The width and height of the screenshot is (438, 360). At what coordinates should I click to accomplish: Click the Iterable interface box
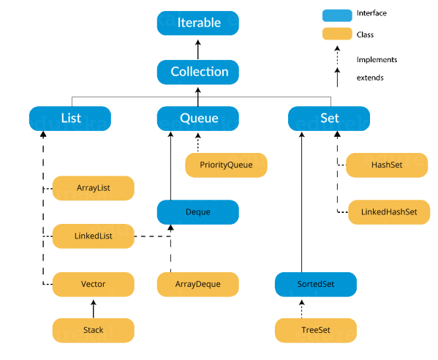(199, 23)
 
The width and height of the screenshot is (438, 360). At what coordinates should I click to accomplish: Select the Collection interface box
(199, 72)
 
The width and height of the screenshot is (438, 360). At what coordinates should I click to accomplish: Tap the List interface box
(70, 118)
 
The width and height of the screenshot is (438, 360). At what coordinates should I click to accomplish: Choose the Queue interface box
(199, 118)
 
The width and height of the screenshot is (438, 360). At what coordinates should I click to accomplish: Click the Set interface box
(329, 118)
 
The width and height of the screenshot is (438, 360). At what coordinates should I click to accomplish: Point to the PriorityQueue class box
(226, 165)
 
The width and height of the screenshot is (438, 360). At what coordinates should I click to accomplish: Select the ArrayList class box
(94, 188)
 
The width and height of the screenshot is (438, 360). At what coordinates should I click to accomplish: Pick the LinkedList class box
(94, 236)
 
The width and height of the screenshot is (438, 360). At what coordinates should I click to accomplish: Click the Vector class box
(94, 284)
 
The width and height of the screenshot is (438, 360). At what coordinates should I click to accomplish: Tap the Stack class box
(94, 330)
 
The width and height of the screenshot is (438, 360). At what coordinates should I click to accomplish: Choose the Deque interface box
(199, 212)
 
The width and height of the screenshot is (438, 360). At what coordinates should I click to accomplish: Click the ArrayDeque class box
(199, 284)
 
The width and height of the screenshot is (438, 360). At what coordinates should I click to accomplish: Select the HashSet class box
(385, 165)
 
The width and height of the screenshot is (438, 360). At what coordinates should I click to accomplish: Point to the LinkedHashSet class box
(385, 211)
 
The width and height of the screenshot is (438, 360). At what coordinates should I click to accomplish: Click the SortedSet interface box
(316, 284)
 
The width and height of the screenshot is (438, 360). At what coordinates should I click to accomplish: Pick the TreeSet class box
(316, 330)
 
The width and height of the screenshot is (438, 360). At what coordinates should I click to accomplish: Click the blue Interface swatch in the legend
(336, 14)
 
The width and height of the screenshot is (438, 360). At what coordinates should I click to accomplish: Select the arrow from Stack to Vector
(94, 307)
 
